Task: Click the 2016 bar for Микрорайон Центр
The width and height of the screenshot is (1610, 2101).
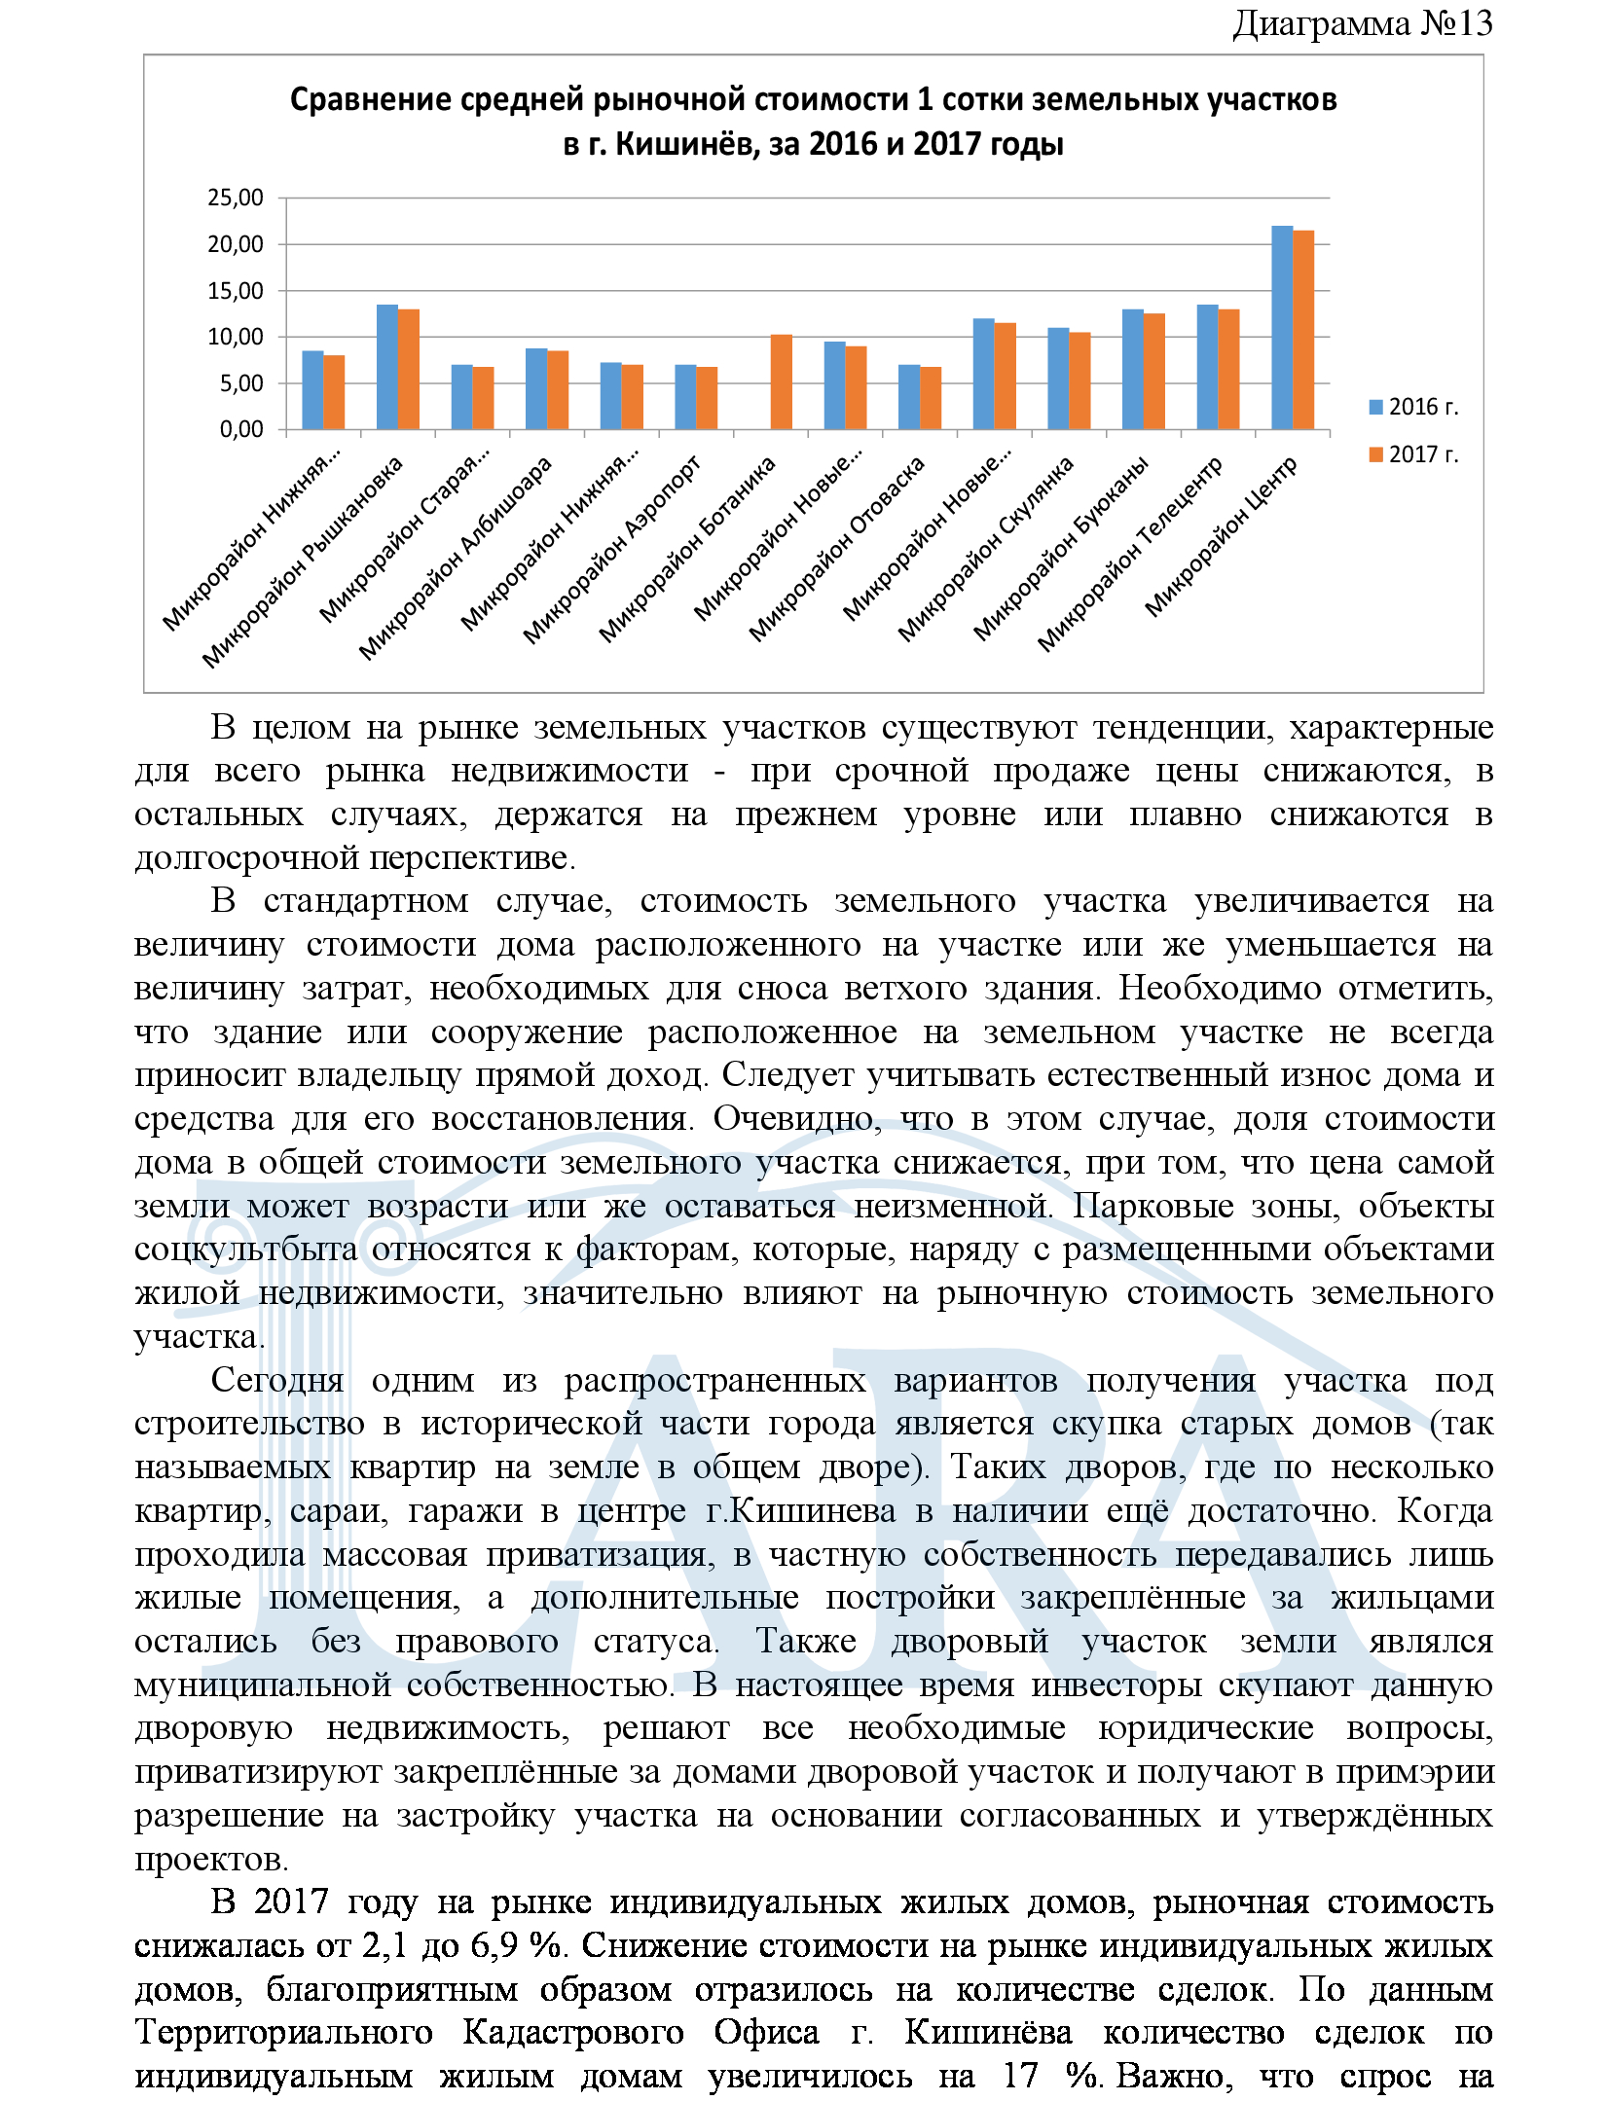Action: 1281,327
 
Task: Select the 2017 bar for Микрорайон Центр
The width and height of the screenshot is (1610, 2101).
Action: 1302,330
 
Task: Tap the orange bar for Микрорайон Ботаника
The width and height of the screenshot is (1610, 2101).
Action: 781,381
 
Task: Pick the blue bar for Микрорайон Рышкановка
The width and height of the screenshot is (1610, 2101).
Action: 387,367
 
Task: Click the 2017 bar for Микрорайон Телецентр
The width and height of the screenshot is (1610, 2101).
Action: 1228,369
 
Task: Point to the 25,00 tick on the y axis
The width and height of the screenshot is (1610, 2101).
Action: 236,199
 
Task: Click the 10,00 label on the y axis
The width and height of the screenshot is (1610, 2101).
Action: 236,338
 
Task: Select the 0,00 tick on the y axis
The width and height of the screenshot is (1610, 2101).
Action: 241,430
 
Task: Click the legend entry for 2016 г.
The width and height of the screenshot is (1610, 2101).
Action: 1413,407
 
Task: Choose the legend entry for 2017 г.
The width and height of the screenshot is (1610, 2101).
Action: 1413,454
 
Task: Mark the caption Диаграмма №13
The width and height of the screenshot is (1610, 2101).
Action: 1362,23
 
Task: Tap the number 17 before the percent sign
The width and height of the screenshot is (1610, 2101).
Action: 1020,2075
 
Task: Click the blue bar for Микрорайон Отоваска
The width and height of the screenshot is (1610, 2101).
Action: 908,397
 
